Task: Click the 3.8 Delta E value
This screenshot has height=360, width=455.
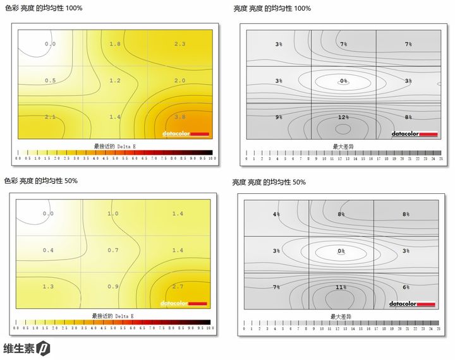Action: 179,117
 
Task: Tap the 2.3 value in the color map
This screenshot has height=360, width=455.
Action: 179,44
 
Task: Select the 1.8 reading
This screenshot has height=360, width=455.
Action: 115,44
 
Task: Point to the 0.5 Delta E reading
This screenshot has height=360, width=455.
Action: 51,80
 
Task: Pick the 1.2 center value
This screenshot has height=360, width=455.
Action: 115,80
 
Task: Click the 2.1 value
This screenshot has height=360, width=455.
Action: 51,117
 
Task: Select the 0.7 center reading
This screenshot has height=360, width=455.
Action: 113,250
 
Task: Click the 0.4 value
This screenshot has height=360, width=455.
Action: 48,250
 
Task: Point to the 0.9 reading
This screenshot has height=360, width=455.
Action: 113,287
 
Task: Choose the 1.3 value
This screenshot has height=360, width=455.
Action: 48,287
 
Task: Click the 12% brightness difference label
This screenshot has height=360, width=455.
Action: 343,117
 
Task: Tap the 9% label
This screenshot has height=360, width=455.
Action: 279,117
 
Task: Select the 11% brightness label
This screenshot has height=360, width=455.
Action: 341,287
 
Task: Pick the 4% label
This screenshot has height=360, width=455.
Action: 276,214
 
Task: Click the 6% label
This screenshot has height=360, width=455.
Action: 406,287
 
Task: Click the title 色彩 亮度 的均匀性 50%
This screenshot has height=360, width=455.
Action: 41,181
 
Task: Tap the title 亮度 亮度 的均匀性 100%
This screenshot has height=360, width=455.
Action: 272,8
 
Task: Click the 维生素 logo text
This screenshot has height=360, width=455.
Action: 18,348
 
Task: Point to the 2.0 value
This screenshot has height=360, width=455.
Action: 179,80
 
